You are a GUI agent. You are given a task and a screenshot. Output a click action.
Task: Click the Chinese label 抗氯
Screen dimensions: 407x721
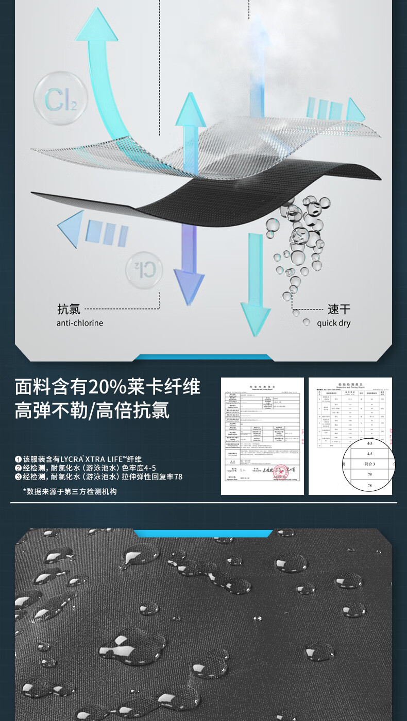69,309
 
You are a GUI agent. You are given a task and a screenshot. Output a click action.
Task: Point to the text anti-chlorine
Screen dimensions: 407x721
80,323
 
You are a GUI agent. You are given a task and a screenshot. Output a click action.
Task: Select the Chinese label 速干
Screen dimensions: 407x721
339,309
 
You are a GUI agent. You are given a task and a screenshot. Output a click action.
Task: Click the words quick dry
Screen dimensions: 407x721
333,323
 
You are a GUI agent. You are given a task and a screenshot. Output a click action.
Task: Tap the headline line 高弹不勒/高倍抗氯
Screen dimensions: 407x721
92,411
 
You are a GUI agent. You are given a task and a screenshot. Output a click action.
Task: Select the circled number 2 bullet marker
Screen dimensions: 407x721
18,468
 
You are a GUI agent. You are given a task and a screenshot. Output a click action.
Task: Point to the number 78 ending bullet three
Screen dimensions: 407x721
178,477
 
